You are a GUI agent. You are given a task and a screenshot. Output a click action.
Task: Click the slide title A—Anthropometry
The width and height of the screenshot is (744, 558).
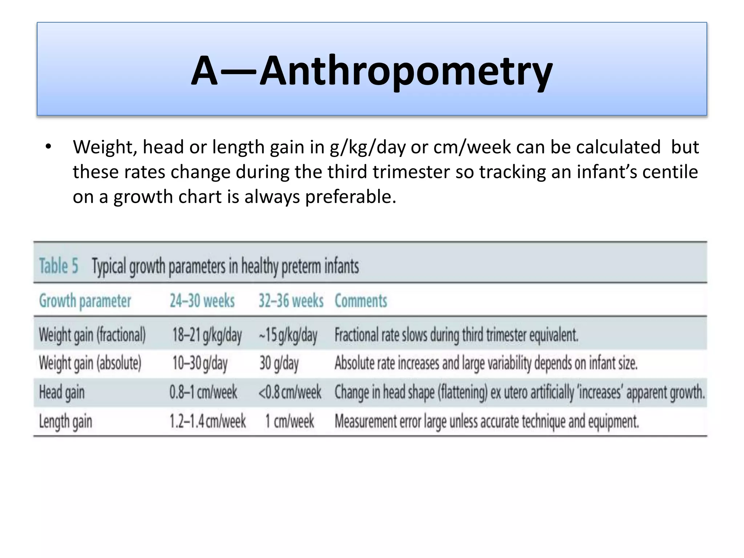coord(372,71)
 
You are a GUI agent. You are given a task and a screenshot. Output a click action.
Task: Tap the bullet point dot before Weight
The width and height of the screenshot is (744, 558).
coord(48,147)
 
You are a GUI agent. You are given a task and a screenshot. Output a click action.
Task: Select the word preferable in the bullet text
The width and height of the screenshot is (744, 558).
coord(350,197)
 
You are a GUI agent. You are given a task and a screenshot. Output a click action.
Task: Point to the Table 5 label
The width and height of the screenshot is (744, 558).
coord(58,266)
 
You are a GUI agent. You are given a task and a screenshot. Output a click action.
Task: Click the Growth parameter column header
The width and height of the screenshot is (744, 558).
coord(85,301)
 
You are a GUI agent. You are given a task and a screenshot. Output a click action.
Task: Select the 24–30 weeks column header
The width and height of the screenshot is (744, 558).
coord(202,301)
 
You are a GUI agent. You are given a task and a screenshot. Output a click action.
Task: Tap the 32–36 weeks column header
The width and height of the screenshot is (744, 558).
coord(291,301)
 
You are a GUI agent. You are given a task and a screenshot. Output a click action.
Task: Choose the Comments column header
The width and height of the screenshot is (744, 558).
coord(361,301)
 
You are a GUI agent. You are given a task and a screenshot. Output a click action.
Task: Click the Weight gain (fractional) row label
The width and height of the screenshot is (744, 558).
coord(92,335)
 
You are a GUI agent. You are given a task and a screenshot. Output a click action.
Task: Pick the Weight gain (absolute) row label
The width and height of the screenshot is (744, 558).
coord(90,363)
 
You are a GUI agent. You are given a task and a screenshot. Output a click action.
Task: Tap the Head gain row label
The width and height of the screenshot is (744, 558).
coord(62,392)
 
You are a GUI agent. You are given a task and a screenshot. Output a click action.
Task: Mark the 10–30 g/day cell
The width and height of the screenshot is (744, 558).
coord(200,363)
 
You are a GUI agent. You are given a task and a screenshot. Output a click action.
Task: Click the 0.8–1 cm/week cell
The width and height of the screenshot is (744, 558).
coord(203,392)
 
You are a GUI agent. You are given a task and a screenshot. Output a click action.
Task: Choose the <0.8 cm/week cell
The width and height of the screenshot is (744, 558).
coord(290,392)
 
